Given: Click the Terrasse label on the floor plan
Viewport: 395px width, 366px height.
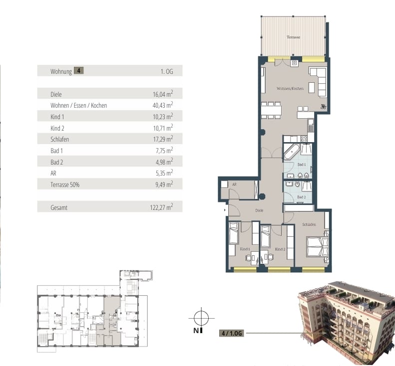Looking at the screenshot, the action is point(294,37).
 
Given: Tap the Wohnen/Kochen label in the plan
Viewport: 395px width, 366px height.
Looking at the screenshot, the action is point(290,89).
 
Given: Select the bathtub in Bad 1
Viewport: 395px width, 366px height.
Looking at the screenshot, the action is point(292,152).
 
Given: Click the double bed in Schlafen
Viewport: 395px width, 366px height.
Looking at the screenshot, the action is point(318,246).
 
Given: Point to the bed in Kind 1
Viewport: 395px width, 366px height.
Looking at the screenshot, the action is point(234,233).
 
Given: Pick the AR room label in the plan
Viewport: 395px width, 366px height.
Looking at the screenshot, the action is point(234,184).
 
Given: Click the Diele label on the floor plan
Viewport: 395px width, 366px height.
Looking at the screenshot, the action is point(259,210).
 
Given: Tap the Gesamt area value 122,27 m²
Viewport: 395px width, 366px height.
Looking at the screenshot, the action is point(161,207).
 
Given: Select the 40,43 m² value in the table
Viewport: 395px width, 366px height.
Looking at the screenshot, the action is point(163,105).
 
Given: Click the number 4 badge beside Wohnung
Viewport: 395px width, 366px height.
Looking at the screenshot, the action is point(79,71).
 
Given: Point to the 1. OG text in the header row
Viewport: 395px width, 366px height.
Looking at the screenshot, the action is point(167,71).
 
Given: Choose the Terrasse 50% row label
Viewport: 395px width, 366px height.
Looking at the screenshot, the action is point(65,184).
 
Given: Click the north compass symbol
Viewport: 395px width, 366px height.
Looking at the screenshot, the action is point(201,318).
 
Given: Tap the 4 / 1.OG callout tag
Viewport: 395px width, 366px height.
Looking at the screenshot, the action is point(232,333).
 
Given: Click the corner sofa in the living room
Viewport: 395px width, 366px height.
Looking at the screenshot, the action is point(318,81).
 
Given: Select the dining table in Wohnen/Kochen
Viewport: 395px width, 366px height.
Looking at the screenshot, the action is point(271,110).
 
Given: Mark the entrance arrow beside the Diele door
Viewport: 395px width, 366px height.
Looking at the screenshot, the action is point(225,210).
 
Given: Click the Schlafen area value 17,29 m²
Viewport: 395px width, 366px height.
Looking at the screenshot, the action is point(163,139).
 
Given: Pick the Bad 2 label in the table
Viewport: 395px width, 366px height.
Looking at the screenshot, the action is point(57,162).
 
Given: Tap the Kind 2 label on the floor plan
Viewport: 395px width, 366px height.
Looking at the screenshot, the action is point(280,249).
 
